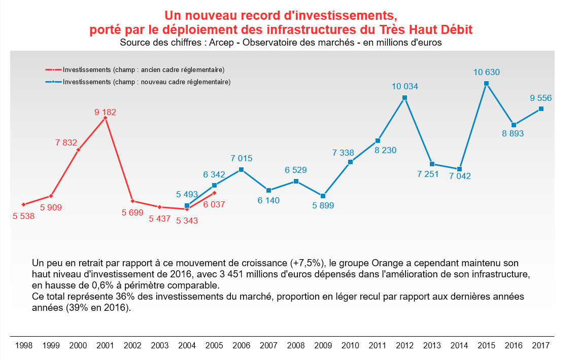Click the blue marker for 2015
(x=486, y=83)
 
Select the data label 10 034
(x=404, y=87)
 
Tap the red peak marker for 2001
(x=105, y=118)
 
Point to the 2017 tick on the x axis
(x=540, y=346)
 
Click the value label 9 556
(x=540, y=98)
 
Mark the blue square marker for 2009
(x=323, y=196)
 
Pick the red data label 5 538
(x=23, y=215)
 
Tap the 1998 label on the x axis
(x=24, y=346)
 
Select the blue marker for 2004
(x=187, y=206)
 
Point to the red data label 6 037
(x=214, y=205)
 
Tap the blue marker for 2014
(x=459, y=169)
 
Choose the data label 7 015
(x=241, y=159)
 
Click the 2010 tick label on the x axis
(x=350, y=346)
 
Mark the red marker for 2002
(x=132, y=201)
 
